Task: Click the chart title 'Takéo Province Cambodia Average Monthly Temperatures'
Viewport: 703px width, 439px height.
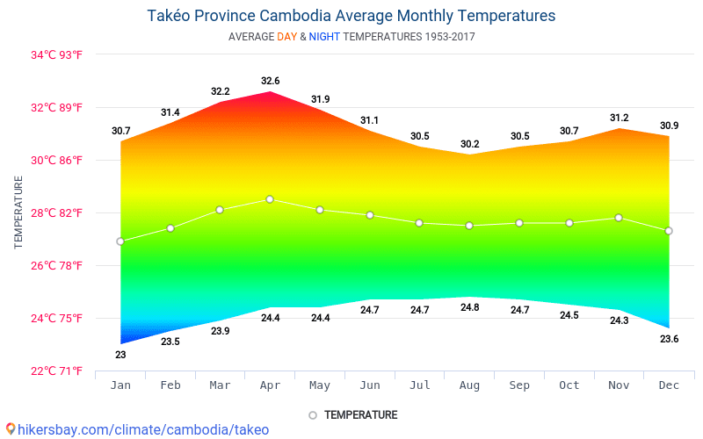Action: [x=351, y=16]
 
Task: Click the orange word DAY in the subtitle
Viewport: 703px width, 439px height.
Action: [x=286, y=37]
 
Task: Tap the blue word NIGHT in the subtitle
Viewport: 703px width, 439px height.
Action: [x=324, y=37]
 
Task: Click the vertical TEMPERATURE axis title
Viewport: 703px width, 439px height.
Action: [x=18, y=212]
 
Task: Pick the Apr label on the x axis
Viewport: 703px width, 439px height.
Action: [x=270, y=386]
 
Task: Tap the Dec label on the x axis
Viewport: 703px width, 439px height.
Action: [x=669, y=386]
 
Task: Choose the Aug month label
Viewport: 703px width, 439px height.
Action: [x=469, y=386]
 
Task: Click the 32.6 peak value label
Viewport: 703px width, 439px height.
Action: [x=270, y=82]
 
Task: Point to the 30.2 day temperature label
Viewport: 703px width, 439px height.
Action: [x=469, y=144]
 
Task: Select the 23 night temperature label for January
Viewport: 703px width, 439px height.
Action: [x=120, y=355]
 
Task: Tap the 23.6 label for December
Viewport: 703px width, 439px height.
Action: [x=669, y=339]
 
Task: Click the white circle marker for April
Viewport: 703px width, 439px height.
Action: [x=270, y=199]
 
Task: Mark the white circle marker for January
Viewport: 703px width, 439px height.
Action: [x=120, y=241]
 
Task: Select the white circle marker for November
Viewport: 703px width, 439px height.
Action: [x=620, y=218]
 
